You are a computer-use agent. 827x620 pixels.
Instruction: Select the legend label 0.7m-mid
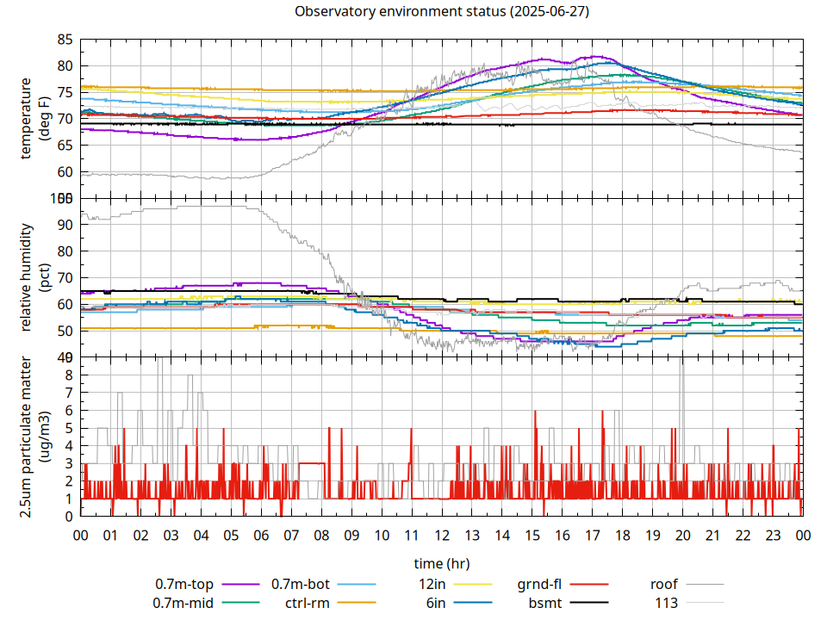pyautogui.click(x=183, y=603)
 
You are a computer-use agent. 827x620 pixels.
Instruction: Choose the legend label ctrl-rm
pyautogui.click(x=308, y=603)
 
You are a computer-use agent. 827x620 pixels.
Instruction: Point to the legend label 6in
pyautogui.click(x=436, y=603)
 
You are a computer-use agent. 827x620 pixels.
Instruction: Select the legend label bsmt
pyautogui.click(x=545, y=603)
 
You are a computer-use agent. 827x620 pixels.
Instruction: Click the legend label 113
pyautogui.click(x=667, y=603)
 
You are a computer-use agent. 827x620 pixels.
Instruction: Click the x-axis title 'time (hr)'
pyautogui.click(x=441, y=563)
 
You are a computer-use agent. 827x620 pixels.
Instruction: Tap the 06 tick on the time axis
pyautogui.click(x=261, y=536)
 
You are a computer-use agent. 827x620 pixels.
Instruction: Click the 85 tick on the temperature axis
pyautogui.click(x=65, y=40)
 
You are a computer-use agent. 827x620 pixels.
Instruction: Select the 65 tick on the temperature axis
pyautogui.click(x=65, y=146)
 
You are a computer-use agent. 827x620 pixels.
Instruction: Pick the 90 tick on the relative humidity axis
pyautogui.click(x=65, y=225)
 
